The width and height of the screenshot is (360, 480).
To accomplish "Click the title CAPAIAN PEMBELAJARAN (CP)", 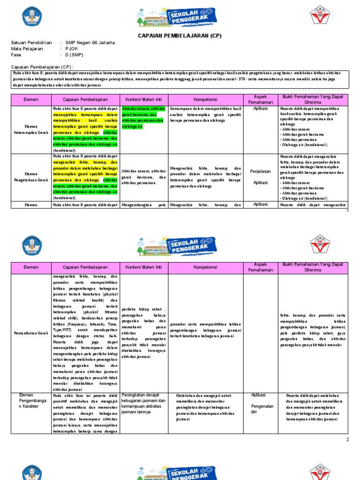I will (180, 36).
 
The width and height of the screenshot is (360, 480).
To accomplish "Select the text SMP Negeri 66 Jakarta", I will (90, 43).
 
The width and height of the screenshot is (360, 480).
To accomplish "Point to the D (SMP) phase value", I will (76, 55).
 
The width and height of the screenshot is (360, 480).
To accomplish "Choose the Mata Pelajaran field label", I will (27, 49).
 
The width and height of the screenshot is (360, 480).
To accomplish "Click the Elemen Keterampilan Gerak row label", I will (30, 129).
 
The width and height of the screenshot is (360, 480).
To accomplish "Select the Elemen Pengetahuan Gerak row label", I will (30, 177).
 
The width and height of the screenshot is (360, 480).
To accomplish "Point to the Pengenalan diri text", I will (262, 409).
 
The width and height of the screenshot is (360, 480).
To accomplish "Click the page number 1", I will (348, 211).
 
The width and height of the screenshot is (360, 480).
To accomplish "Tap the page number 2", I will (347, 440).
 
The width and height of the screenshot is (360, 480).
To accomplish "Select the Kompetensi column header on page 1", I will (205, 100).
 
